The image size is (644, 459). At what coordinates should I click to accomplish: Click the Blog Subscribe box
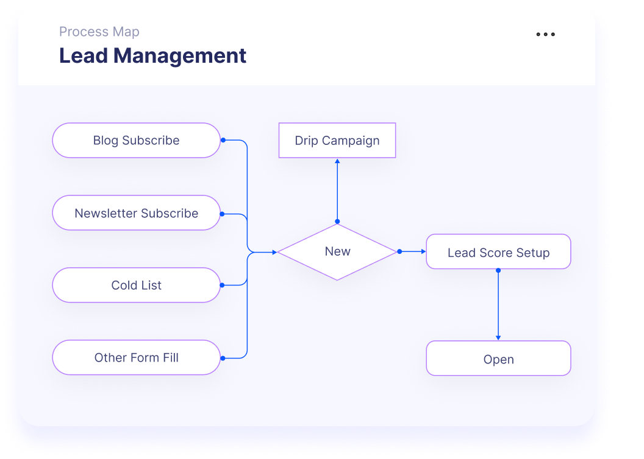point(136,141)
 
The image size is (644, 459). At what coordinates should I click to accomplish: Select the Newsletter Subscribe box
point(136,213)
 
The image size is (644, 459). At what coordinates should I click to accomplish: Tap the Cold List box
point(136,286)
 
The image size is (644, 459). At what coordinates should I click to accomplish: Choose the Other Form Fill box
point(136,358)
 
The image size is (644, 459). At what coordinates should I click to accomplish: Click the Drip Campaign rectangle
point(337,141)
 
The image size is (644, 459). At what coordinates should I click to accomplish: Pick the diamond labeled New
point(337,252)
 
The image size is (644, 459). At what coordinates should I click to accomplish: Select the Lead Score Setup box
point(498,252)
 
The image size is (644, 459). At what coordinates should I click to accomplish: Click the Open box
point(498,359)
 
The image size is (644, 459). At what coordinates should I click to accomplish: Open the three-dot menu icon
point(545,35)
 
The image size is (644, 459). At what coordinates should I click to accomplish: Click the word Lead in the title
point(84,56)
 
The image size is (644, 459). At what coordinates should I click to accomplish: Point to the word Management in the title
point(180,56)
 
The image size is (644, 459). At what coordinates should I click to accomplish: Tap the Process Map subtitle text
point(99,32)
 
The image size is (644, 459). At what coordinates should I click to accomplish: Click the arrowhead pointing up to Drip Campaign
point(337,161)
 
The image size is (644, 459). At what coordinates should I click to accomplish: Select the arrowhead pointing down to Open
point(498,337)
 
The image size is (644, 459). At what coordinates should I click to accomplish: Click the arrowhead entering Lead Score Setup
point(423,251)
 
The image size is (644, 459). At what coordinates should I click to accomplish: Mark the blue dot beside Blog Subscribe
point(223,140)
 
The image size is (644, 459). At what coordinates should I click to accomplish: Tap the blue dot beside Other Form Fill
point(223,358)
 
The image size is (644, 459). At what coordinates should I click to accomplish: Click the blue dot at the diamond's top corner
point(337,222)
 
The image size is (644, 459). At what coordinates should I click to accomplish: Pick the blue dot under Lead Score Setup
point(498,270)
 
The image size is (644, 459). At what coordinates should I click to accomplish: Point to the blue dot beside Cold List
point(223,285)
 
